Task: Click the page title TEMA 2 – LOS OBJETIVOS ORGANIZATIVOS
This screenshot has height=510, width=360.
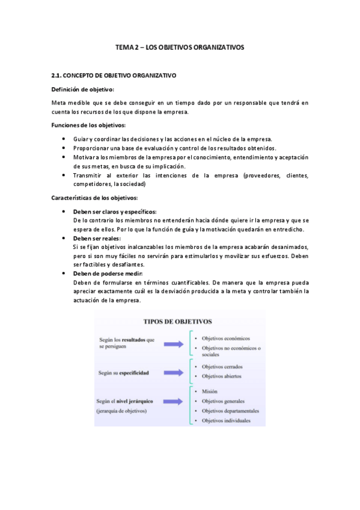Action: (x=180, y=48)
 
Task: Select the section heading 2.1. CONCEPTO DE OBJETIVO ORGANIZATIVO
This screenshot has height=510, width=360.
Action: (x=114, y=75)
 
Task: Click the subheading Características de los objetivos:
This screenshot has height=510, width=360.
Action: (x=95, y=198)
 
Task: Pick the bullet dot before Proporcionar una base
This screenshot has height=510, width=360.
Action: (x=64, y=148)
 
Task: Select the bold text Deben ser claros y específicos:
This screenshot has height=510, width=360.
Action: (x=115, y=212)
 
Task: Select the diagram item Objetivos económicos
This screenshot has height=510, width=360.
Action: (x=225, y=338)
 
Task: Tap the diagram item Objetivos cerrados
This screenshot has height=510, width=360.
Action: (x=222, y=366)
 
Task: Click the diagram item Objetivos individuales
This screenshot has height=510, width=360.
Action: (x=225, y=420)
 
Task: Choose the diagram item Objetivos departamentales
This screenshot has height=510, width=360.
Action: (x=230, y=410)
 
